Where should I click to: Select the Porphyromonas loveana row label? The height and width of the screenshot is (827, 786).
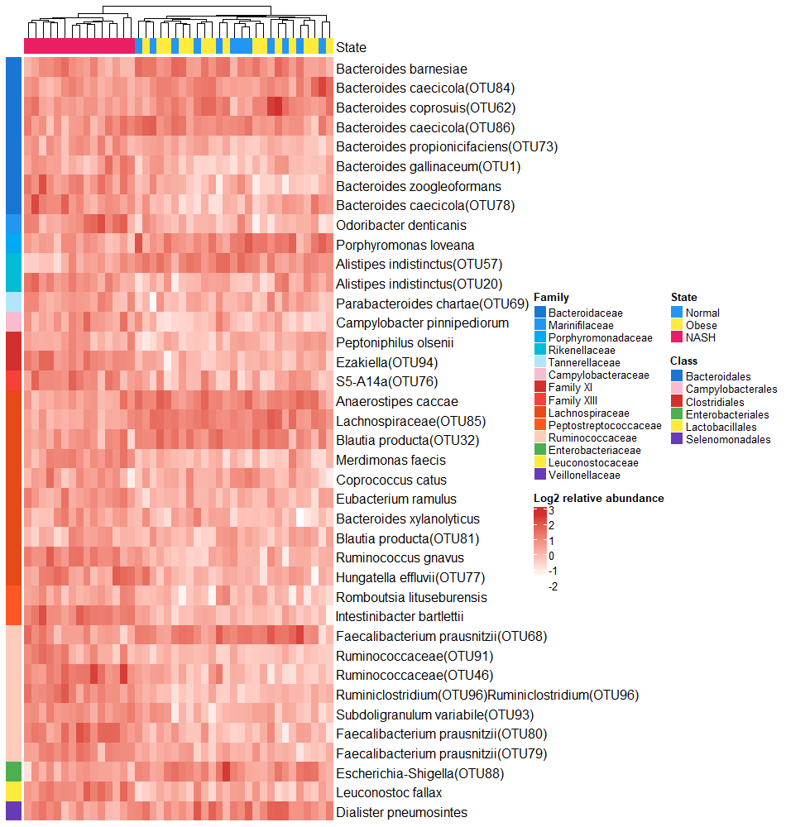[405, 245]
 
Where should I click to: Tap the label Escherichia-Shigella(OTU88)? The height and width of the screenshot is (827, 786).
[419, 773]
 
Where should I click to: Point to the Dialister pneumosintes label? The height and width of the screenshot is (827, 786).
[401, 812]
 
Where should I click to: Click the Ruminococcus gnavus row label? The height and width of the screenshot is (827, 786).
[400, 558]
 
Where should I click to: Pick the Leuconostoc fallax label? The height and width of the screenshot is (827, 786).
[388, 792]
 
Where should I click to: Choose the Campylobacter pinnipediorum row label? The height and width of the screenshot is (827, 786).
[422, 323]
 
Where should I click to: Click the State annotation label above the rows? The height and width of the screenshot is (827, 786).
[351, 48]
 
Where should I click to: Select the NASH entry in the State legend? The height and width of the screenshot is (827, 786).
[700, 337]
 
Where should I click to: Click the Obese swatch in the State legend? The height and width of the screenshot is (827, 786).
[677, 325]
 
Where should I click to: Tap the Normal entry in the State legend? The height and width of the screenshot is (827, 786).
[702, 313]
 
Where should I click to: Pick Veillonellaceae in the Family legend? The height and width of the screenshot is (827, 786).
[582, 475]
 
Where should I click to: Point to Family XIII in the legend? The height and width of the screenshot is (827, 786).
[573, 400]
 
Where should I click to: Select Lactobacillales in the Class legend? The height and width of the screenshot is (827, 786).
[721, 427]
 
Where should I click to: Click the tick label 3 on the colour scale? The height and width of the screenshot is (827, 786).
[551, 510]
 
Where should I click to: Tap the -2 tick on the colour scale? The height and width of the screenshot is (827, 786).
[553, 586]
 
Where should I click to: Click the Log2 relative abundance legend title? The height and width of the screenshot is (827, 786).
[598, 498]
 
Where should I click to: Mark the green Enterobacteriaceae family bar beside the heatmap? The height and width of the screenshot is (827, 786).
[13, 772]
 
